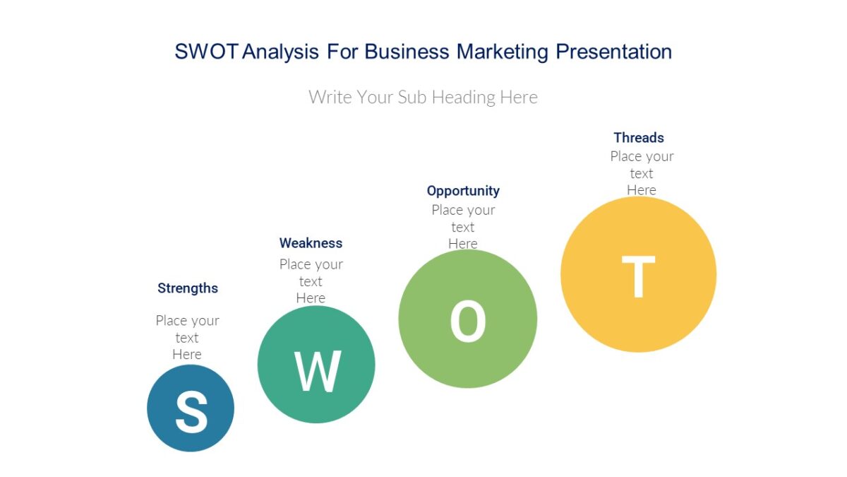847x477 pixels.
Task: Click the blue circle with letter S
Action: [x=191, y=408]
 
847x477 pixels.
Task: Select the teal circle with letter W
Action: [x=316, y=365]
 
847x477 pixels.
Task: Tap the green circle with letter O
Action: [x=467, y=319]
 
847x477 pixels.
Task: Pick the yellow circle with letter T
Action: [x=638, y=274]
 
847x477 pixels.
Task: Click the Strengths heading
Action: [x=188, y=288]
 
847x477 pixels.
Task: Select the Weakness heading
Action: [x=311, y=243]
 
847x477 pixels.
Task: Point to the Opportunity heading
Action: [x=463, y=191]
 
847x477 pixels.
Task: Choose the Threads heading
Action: [x=639, y=138]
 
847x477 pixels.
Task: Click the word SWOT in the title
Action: [x=207, y=52]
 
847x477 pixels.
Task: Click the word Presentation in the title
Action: [x=613, y=52]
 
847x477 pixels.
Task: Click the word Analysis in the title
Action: [x=281, y=52]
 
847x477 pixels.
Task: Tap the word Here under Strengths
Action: [x=187, y=355]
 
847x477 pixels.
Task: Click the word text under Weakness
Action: [x=311, y=281]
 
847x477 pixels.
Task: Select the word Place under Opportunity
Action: [x=447, y=210]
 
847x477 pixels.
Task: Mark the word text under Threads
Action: [x=642, y=174]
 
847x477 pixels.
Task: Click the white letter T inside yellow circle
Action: [x=638, y=277]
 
